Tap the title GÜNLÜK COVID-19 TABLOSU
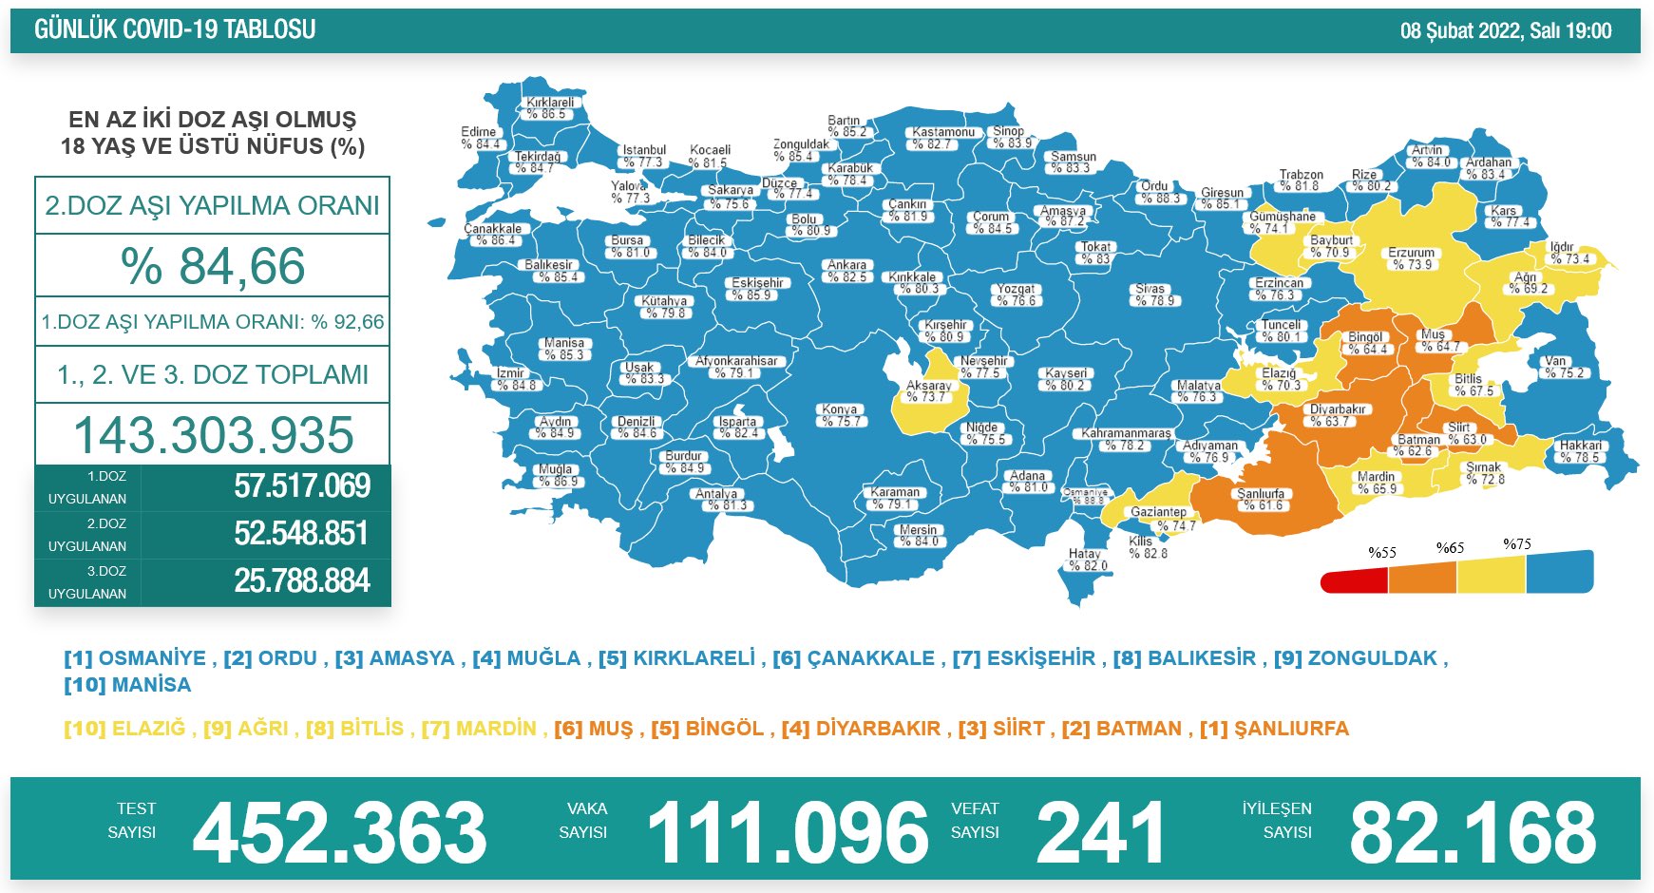pos(175,29)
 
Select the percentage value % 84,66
pos(213,266)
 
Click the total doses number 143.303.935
pos(214,435)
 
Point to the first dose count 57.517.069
pos(302,486)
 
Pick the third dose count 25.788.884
pos(302,580)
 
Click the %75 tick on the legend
pos(1517,544)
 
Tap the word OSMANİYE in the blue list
pos(152,658)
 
